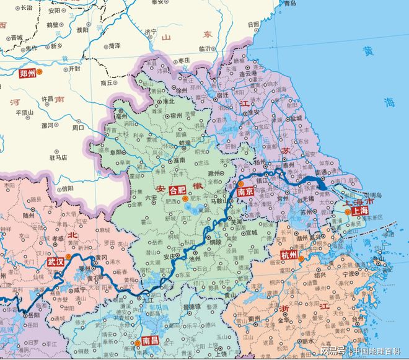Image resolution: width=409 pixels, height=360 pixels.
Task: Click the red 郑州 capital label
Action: coord(27,72)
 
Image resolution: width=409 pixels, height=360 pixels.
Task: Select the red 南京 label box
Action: coord(245,193)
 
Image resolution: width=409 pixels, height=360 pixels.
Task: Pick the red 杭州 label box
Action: coord(289,255)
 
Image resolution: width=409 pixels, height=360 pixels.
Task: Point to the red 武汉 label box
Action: coord(55,262)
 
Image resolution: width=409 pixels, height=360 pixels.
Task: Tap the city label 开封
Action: coord(74,69)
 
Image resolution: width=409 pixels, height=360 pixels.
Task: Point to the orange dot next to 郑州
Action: coord(40,72)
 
